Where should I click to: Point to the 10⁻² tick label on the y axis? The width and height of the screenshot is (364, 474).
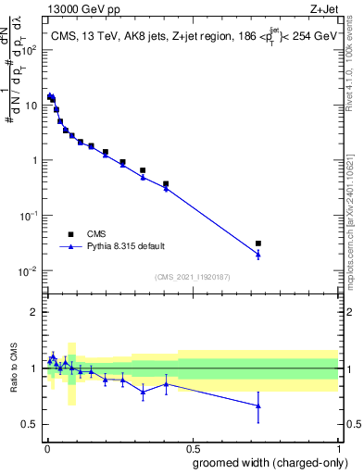click(x=29, y=271)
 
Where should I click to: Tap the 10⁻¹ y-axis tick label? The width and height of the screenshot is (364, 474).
click(x=29, y=216)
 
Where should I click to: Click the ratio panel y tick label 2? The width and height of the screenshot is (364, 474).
click(x=34, y=312)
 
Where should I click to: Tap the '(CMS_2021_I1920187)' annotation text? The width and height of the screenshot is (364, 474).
click(x=192, y=277)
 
